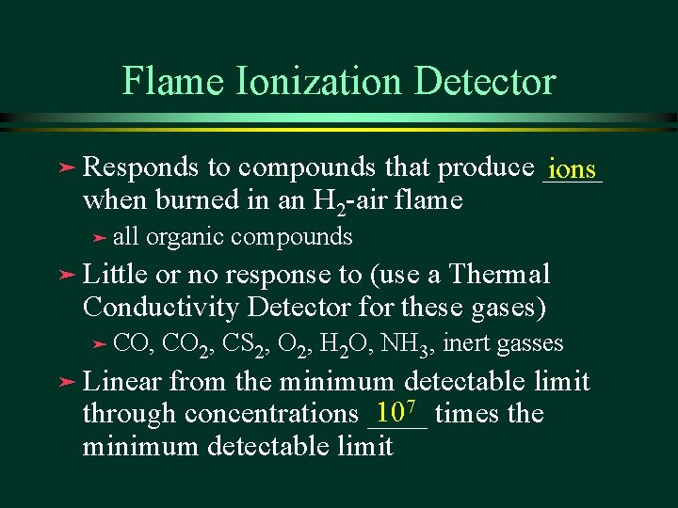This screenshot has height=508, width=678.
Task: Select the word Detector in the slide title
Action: point(490,81)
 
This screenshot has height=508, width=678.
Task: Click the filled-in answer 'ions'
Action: point(572,169)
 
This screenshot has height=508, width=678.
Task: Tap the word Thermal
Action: point(500,275)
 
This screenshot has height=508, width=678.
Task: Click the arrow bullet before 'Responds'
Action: point(63,168)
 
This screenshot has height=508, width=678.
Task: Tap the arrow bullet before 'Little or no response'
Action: point(63,275)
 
